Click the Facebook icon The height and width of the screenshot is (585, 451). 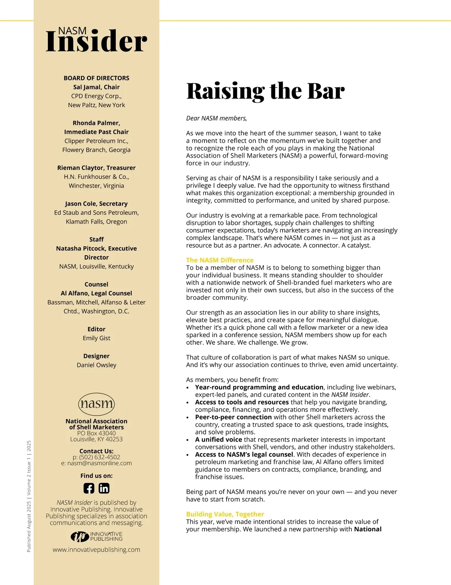point(89,488)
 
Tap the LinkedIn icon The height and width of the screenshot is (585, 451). point(104,488)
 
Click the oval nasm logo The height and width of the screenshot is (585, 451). point(97,404)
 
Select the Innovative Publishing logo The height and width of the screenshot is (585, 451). point(97,536)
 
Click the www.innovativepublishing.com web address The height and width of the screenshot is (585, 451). point(96,550)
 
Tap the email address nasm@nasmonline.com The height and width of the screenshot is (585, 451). point(99,463)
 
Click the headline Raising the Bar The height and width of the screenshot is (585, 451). point(265,91)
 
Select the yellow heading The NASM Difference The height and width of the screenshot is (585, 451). point(220,260)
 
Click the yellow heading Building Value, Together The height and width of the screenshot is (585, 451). point(225,514)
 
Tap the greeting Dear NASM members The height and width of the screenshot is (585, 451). point(216,118)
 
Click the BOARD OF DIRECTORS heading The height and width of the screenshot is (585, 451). point(96,78)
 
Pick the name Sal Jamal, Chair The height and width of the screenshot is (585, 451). point(96,87)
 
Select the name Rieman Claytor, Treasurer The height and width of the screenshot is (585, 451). point(96,168)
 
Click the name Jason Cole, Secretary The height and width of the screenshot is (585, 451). point(96,204)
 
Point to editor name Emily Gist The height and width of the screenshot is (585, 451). point(96,338)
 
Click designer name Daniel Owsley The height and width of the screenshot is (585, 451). point(96,365)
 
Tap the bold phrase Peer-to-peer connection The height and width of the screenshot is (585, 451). point(233,417)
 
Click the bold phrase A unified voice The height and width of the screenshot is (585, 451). point(218,439)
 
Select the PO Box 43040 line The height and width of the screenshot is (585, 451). point(96,433)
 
